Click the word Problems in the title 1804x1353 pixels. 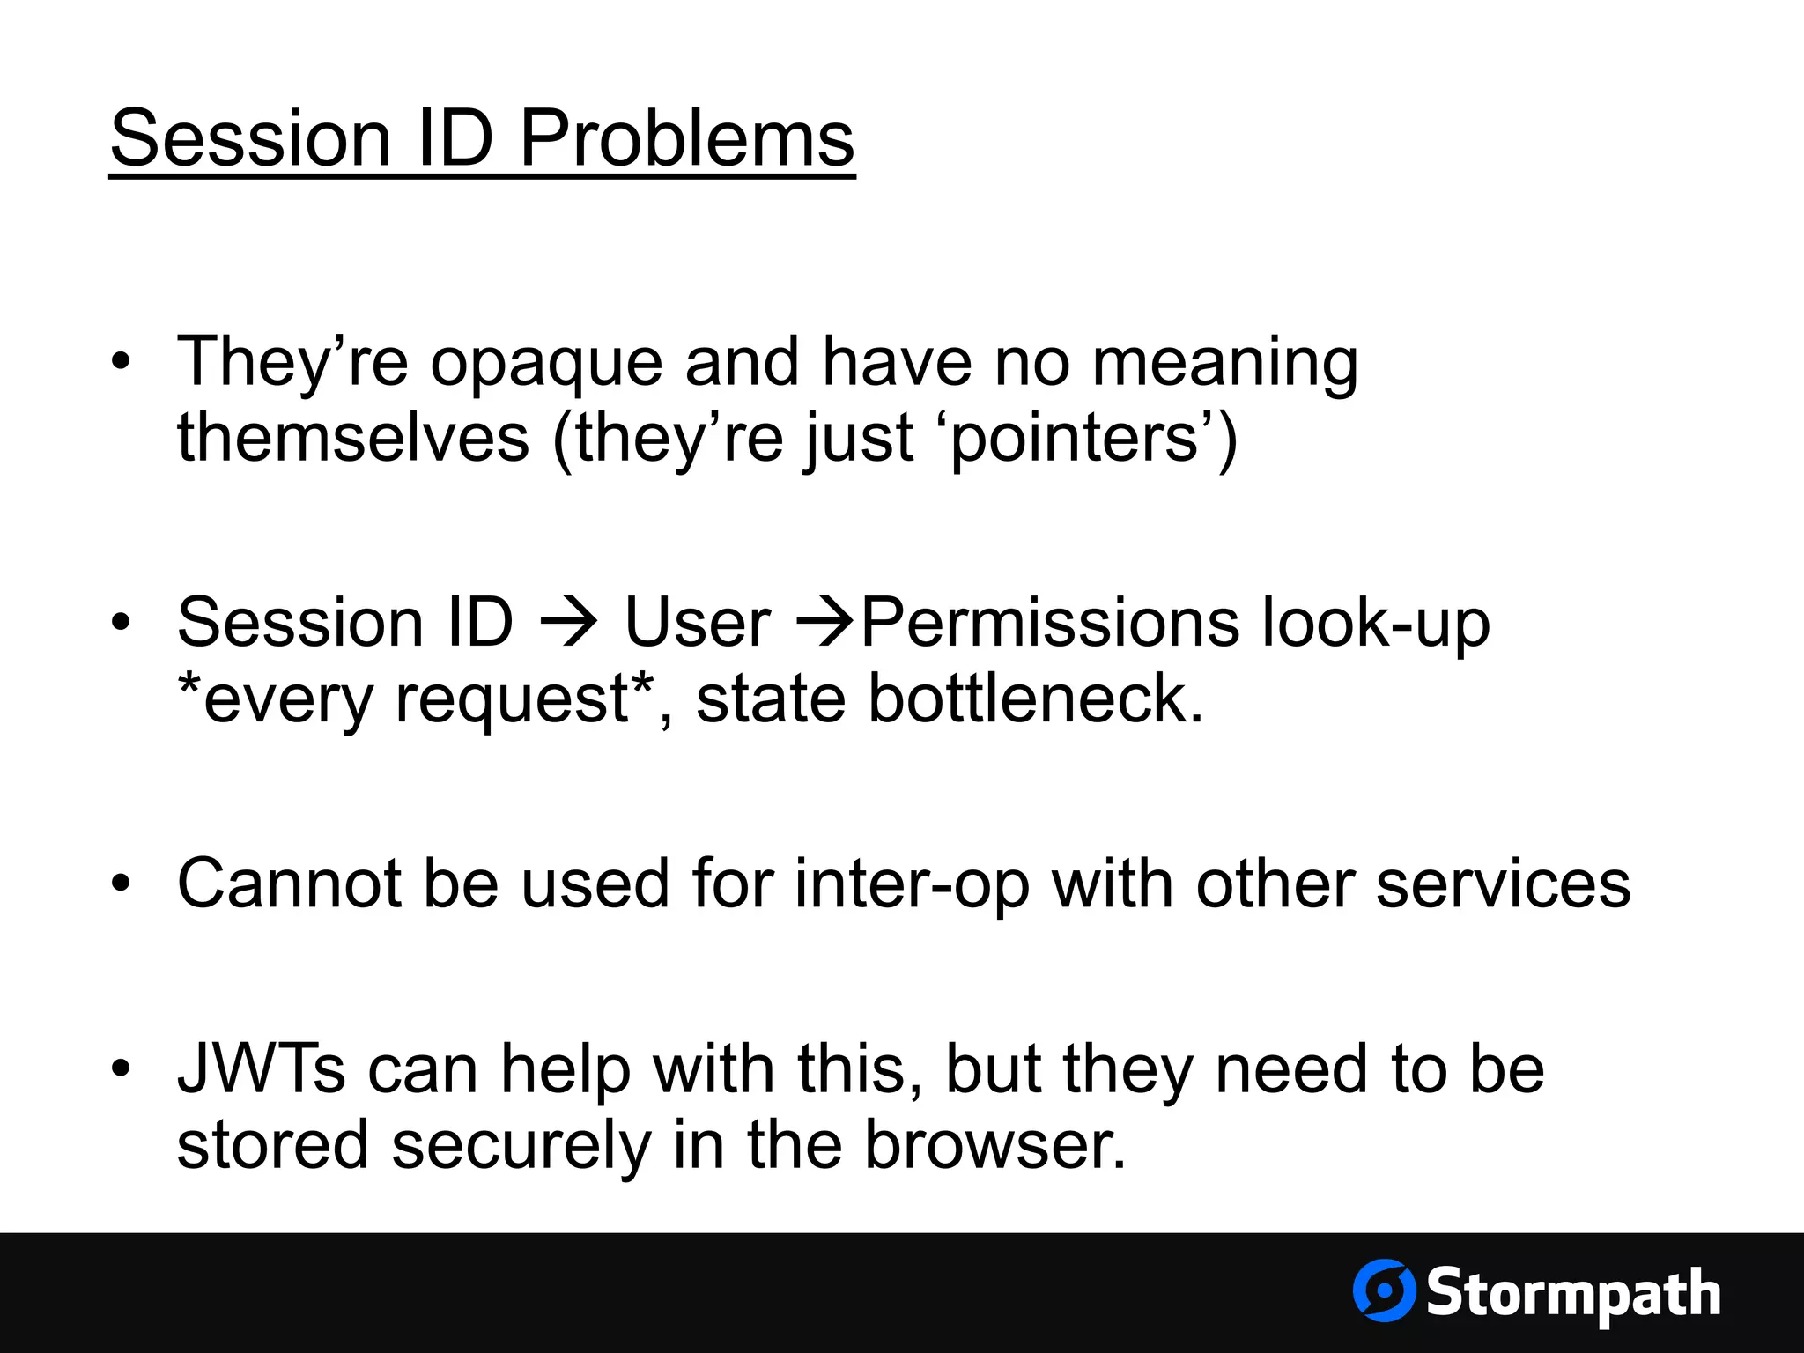pyautogui.click(x=687, y=139)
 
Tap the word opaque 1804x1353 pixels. pyautogui.click(x=546, y=363)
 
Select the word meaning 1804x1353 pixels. pyautogui.click(x=1224, y=363)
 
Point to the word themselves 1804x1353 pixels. pyautogui.click(x=352, y=439)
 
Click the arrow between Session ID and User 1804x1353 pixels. pyautogui.click(x=569, y=622)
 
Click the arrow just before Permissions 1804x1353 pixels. pyautogui.click(x=825, y=622)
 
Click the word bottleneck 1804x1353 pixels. pyautogui.click(x=1035, y=699)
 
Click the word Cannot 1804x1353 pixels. pyautogui.click(x=289, y=884)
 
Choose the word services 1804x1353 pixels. pyautogui.click(x=1503, y=884)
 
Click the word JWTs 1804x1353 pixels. pyautogui.click(x=262, y=1068)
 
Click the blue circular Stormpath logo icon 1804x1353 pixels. pyautogui.click(x=1384, y=1290)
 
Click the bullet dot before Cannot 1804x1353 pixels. pyautogui.click(x=121, y=884)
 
